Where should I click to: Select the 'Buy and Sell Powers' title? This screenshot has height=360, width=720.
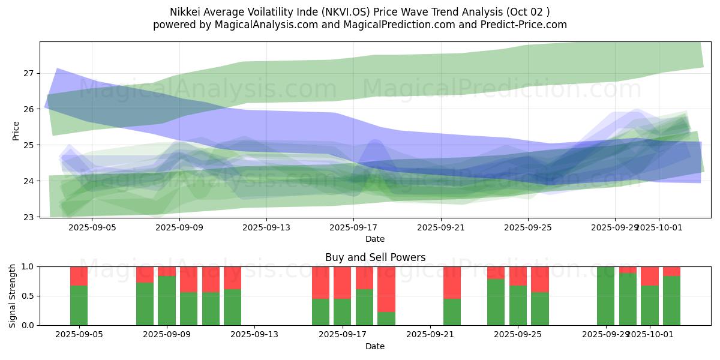click(375, 257)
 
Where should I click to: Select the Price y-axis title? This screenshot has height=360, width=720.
click(16, 130)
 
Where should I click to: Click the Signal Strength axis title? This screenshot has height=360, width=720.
click(13, 295)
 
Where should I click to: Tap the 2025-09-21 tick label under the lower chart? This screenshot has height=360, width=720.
click(431, 335)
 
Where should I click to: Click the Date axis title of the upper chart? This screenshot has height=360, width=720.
click(375, 239)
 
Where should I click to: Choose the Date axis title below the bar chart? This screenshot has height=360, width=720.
click(375, 346)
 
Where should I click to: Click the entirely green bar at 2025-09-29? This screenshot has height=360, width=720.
click(605, 296)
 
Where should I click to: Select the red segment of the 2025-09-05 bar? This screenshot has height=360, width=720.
click(79, 276)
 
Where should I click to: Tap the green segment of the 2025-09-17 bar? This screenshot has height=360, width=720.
click(342, 312)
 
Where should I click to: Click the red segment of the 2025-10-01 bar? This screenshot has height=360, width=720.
click(649, 276)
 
